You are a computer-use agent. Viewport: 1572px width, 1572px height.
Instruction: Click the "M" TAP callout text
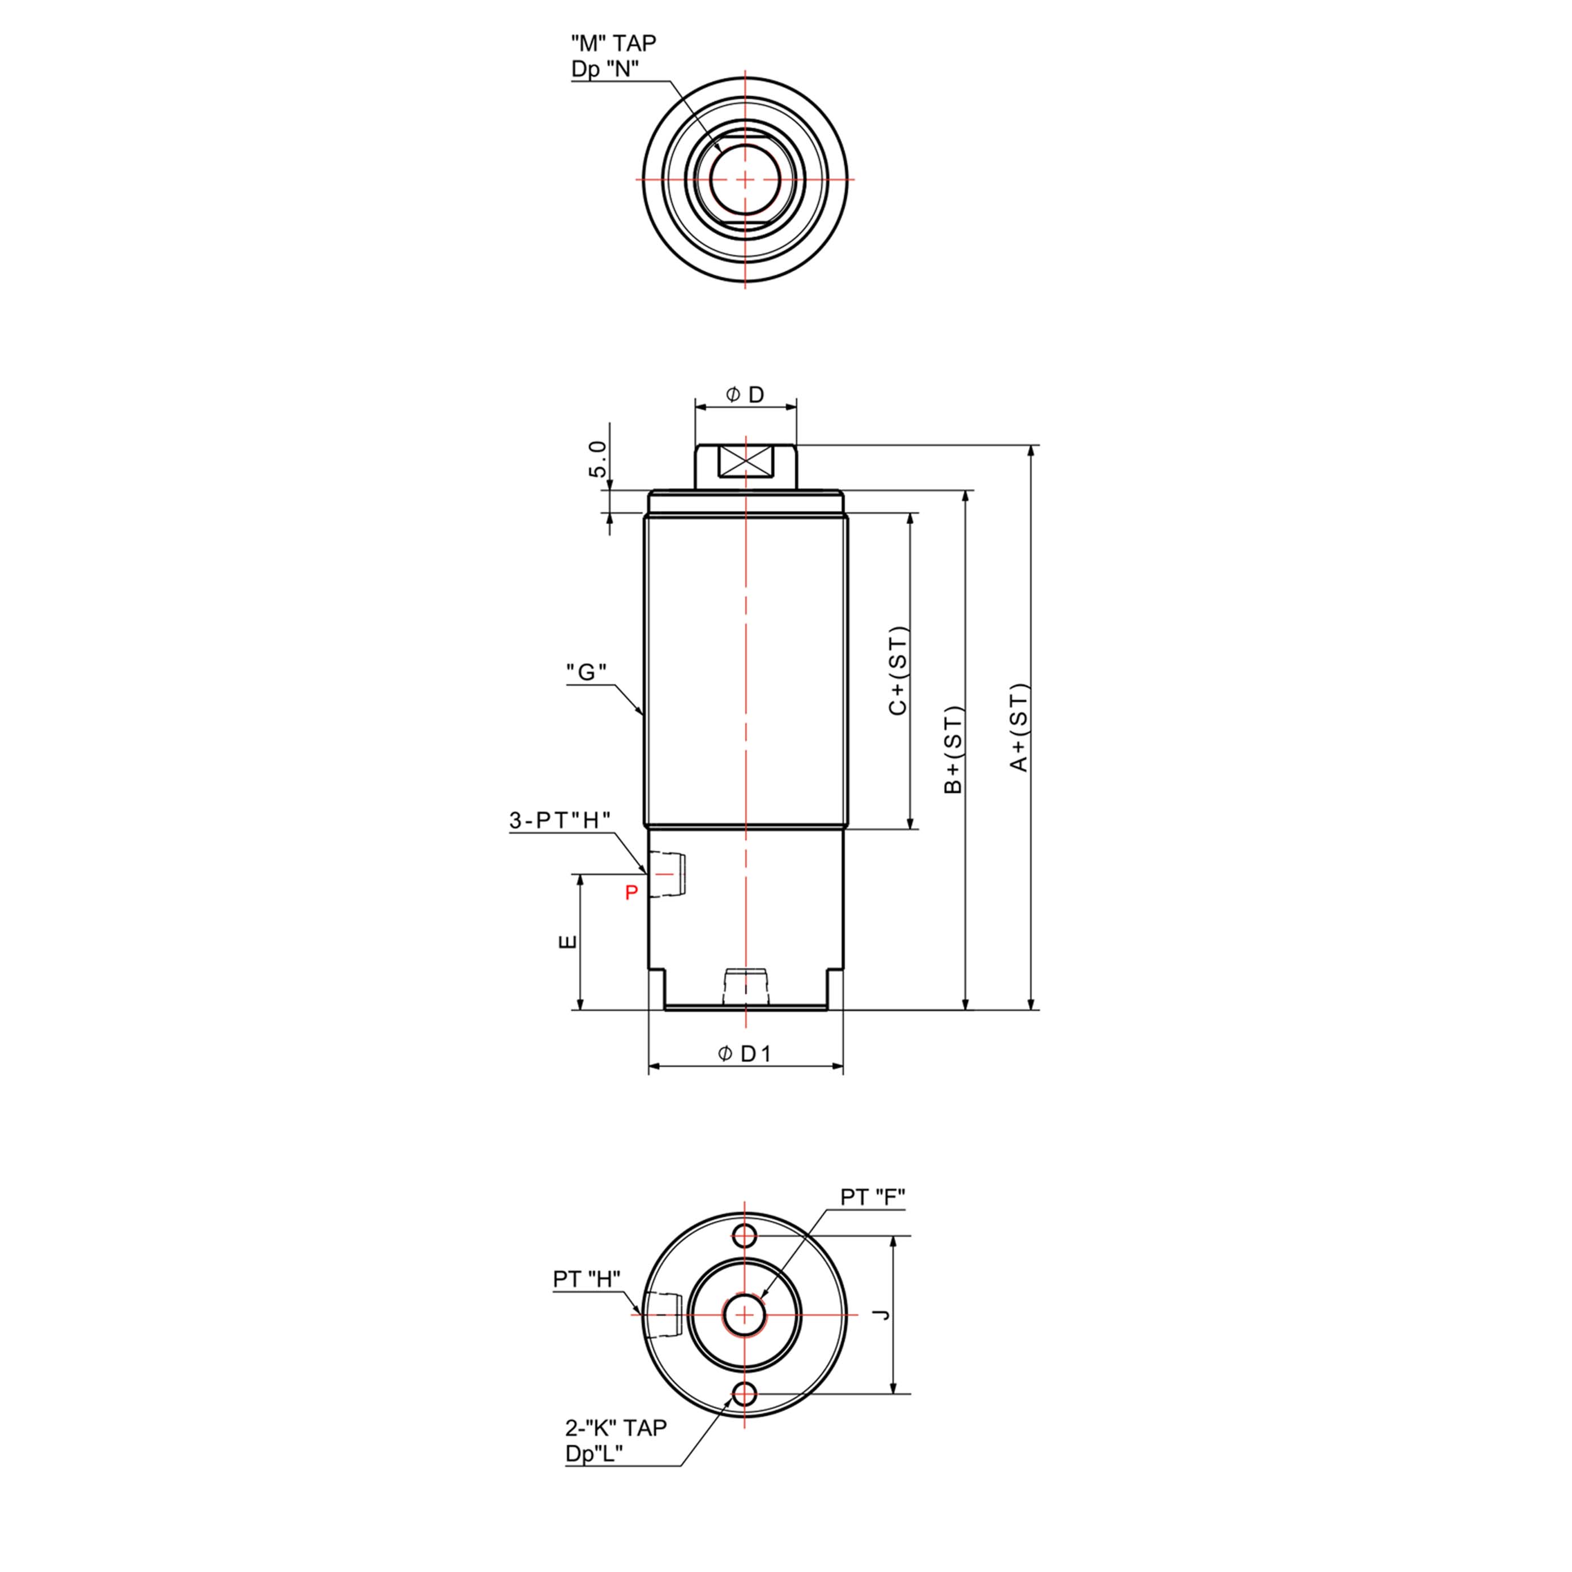coord(613,42)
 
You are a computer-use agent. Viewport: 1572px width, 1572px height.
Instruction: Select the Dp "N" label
coord(605,69)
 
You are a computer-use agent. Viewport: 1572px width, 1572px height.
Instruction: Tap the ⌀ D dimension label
coord(745,395)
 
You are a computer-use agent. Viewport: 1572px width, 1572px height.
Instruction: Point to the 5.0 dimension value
coord(598,460)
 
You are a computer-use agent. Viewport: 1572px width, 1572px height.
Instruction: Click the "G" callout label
coord(587,672)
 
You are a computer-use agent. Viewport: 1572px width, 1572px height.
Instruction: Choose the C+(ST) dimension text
coord(898,671)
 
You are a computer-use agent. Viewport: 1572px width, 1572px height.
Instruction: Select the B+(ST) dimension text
coord(953,750)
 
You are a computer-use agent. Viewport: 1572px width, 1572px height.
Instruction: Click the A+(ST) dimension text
coord(1019,727)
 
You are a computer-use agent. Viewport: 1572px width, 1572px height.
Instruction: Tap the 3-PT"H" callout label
coord(560,820)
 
